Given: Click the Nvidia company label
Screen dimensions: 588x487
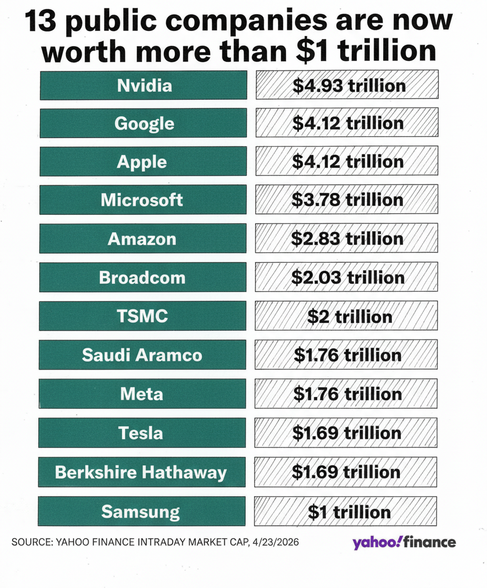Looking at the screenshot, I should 143,85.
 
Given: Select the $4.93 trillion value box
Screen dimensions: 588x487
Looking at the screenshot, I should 347,85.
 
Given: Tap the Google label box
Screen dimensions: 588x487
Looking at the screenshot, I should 143,123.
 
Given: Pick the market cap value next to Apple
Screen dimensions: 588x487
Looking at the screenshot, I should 347,161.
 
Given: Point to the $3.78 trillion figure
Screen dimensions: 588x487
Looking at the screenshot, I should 347,200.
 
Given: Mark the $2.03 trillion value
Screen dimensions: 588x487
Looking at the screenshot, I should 347,277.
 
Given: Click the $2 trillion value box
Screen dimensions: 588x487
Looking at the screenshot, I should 347,316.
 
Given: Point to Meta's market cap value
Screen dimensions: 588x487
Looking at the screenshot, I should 347,394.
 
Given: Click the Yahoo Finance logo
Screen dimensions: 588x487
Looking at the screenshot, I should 404,542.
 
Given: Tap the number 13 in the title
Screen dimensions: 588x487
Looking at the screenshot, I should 43,20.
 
